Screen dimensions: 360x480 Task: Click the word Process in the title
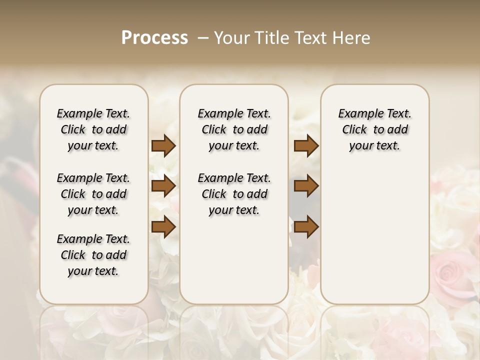(154, 38)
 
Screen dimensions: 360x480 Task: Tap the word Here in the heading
(351, 38)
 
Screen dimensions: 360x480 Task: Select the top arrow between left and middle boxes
(163, 145)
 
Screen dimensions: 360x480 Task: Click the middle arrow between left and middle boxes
(163, 186)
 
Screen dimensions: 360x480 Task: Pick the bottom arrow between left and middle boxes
(163, 227)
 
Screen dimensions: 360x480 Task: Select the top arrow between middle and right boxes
(306, 145)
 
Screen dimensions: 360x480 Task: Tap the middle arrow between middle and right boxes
(306, 186)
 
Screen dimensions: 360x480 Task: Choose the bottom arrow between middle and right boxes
(306, 227)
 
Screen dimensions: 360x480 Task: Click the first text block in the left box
(93, 129)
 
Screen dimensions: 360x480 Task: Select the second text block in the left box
(93, 194)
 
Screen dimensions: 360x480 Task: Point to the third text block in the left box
(93, 255)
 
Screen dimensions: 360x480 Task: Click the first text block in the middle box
(234, 129)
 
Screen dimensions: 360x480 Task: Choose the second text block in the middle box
(234, 194)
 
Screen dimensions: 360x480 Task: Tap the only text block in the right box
(374, 129)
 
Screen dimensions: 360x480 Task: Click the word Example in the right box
(357, 114)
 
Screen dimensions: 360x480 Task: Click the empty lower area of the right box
(374, 235)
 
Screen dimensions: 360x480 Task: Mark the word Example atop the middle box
(217, 114)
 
